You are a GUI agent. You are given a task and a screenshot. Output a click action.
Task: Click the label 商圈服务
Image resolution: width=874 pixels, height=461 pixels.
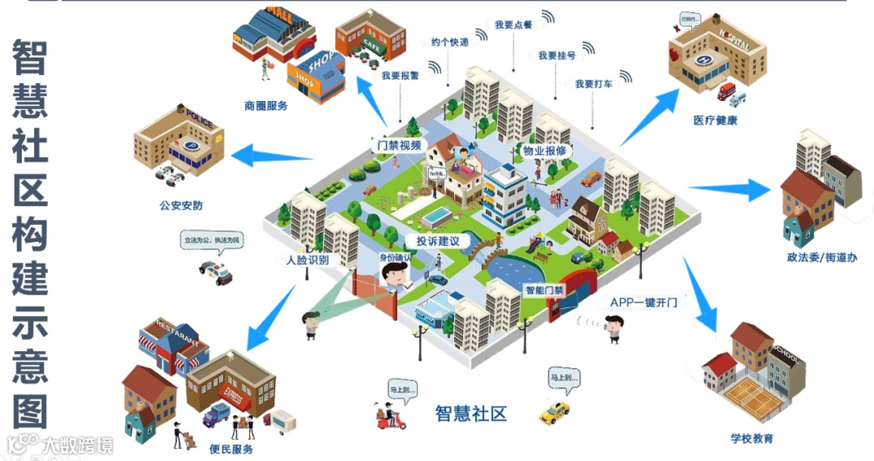coord(265,105)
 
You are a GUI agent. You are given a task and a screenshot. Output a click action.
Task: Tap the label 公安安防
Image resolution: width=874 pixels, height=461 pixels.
coord(181,205)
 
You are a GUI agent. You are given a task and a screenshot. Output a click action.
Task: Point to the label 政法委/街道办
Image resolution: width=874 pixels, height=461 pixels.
coord(821,257)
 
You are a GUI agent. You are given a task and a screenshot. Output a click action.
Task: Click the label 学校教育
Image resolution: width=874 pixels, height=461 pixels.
coord(751,438)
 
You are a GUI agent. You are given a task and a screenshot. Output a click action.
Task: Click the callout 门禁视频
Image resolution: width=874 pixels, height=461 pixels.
coord(398,146)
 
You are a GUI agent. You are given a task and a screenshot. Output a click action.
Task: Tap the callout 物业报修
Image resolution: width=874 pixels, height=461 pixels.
coord(545,150)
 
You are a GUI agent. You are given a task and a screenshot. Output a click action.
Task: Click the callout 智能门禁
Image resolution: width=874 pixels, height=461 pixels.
coord(544,290)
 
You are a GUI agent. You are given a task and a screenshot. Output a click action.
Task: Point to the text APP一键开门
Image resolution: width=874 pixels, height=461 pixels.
coord(643,302)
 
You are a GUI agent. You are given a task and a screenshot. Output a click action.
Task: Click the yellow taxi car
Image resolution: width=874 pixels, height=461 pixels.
coord(555,412)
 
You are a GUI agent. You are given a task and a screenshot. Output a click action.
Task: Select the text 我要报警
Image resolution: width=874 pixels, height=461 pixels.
coord(400,75)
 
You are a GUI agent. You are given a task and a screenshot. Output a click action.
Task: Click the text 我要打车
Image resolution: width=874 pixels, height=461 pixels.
coord(593,84)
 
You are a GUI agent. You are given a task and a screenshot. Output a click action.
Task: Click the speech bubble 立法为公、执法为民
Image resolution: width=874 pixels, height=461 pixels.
coord(213,241)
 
